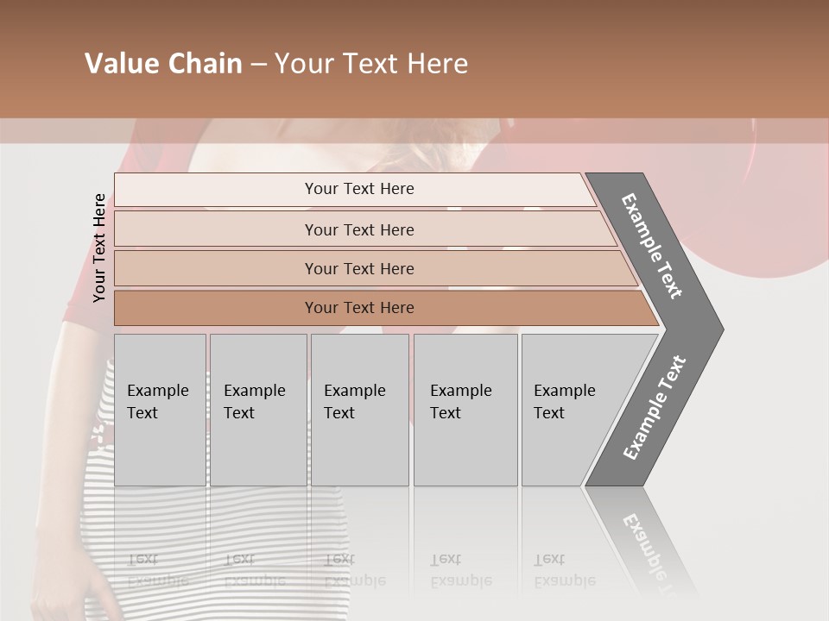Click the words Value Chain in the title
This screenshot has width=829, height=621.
click(x=163, y=64)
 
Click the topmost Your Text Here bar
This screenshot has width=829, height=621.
click(x=358, y=189)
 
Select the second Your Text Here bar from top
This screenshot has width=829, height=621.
click(x=358, y=229)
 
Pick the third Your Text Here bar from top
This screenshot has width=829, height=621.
click(x=358, y=268)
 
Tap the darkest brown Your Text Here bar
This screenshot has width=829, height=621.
click(x=358, y=308)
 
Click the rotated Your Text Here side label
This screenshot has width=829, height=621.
click(x=99, y=248)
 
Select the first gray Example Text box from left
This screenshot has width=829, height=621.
click(x=160, y=410)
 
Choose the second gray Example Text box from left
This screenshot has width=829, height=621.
click(x=257, y=410)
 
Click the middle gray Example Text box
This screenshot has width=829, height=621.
click(x=358, y=410)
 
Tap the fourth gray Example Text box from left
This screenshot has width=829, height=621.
click(x=465, y=410)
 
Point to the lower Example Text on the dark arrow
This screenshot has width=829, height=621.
click(x=655, y=407)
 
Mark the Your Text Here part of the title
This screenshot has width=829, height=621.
click(x=371, y=64)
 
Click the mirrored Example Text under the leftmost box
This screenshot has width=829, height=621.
click(x=158, y=570)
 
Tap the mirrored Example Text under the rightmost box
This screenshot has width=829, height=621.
click(x=565, y=570)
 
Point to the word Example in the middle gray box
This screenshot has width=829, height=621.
click(x=354, y=391)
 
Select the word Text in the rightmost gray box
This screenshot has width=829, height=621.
click(x=549, y=413)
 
